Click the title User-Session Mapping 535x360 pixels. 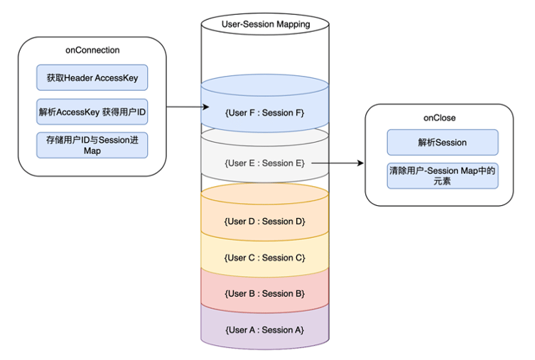coord(265,24)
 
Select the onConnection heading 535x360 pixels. coord(92,50)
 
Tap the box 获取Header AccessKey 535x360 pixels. coord(92,77)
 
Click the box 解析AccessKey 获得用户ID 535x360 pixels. coord(92,111)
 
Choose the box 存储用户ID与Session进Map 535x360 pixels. coord(92,145)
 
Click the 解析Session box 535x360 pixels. coord(443,142)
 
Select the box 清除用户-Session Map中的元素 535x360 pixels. coord(443,176)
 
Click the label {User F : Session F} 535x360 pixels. coord(265,113)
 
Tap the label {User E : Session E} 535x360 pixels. coord(265,163)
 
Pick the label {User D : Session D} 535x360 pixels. coord(265,222)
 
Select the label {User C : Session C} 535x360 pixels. coord(265,258)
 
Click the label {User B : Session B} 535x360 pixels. coord(265,293)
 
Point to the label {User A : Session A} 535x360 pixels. coord(265,329)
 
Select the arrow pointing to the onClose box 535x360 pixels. coord(337,163)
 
